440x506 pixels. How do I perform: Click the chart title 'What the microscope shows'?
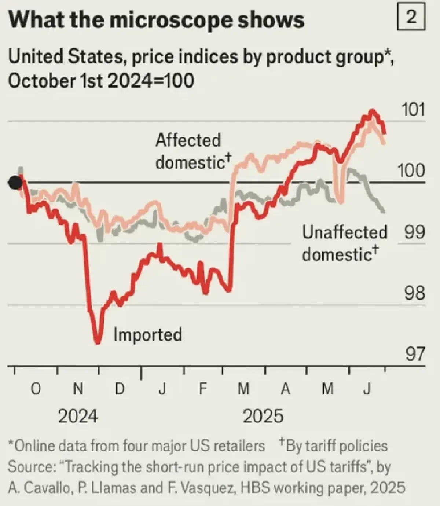(x=156, y=20)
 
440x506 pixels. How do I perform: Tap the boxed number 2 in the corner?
(x=411, y=17)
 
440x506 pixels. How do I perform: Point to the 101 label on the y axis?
(x=413, y=110)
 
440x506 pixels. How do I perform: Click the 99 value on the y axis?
(x=415, y=232)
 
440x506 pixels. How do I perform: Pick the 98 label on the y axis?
(x=415, y=293)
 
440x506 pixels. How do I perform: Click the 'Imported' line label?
(x=148, y=334)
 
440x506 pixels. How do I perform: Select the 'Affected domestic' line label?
(x=191, y=151)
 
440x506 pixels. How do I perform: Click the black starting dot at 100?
(x=15, y=182)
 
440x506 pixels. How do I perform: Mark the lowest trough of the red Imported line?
(x=98, y=343)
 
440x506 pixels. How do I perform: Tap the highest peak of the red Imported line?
(x=372, y=110)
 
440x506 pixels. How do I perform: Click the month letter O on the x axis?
(x=35, y=389)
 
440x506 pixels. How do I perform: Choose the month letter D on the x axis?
(x=120, y=389)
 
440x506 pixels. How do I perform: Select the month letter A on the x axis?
(x=286, y=389)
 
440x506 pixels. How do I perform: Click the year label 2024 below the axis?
(x=78, y=417)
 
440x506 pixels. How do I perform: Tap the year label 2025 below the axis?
(x=263, y=417)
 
